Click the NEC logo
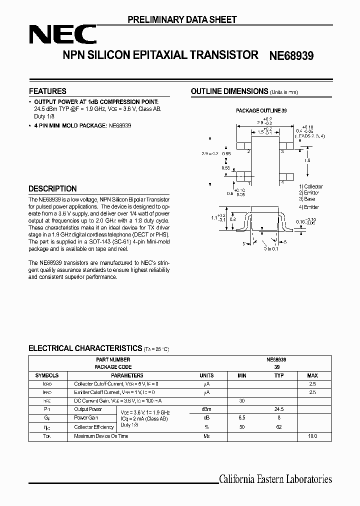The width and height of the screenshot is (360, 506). tap(62, 35)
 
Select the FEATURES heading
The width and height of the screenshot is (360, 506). tap(47, 91)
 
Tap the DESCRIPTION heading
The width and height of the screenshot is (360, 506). tap(52, 188)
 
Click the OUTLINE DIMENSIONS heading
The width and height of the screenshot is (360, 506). tap(229, 91)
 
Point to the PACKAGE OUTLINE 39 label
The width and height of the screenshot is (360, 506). tap(261, 110)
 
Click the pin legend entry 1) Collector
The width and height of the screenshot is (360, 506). tap(311, 186)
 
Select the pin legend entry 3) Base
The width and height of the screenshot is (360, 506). tap(307, 199)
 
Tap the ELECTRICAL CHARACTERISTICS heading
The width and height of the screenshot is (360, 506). tap(85, 348)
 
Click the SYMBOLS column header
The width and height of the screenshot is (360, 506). tap(47, 375)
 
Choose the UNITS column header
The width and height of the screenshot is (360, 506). tap(206, 375)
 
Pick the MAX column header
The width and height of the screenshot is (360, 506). tap(312, 375)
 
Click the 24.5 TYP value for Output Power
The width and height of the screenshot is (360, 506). tap(279, 409)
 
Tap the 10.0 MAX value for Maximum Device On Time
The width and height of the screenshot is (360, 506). tap(312, 436)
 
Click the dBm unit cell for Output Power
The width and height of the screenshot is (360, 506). tap(206, 409)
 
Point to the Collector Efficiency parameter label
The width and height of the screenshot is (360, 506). tap(94, 427)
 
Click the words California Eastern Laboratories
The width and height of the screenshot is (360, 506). tap(275, 479)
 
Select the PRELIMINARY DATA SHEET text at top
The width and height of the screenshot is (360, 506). tap(182, 19)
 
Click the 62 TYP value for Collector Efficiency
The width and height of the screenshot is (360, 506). tap(279, 427)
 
